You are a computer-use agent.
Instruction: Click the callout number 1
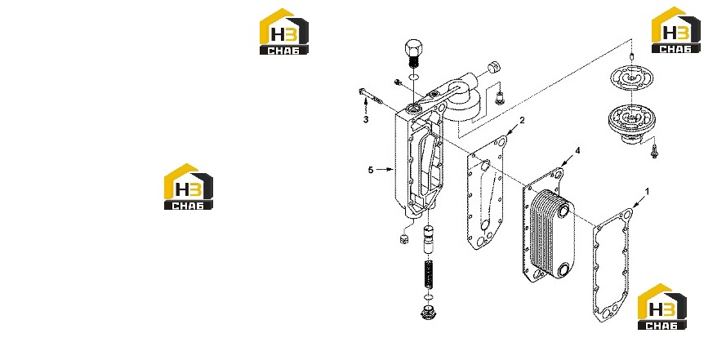(x=648, y=191)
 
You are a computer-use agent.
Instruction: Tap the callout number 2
(x=523, y=120)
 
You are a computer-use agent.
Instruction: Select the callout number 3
(x=366, y=120)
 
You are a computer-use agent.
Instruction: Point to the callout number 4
(x=577, y=150)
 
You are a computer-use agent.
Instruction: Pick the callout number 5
(x=371, y=171)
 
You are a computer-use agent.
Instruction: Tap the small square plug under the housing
(x=79, y=239)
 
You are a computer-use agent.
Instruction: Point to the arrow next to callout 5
(x=385, y=170)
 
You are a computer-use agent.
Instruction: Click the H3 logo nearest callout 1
(x=662, y=306)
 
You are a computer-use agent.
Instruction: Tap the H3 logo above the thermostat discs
(x=675, y=30)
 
